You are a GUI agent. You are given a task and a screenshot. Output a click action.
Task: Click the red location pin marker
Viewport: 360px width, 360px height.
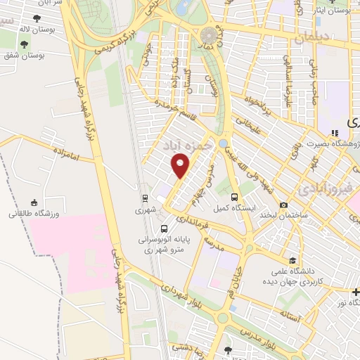(181, 166)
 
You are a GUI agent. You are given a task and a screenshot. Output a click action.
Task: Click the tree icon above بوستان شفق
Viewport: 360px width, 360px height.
(25, 44)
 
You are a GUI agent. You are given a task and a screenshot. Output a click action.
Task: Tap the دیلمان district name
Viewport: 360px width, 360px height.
(311, 37)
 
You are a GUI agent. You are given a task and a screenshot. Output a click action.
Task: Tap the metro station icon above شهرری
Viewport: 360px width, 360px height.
(143, 198)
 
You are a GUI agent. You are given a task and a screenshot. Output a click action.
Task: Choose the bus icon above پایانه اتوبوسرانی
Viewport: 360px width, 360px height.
(164, 229)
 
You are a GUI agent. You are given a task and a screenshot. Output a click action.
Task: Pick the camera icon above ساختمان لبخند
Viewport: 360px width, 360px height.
(283, 205)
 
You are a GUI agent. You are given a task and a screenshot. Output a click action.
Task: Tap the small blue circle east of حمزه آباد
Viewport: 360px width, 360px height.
(223, 143)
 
